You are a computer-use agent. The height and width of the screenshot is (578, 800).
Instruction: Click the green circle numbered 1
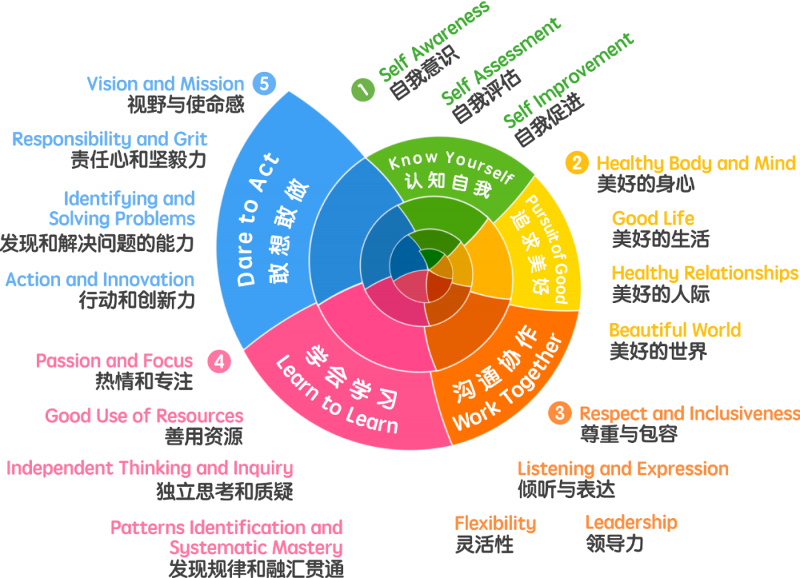[363, 90]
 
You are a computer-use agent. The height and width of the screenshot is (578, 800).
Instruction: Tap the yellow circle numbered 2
[578, 163]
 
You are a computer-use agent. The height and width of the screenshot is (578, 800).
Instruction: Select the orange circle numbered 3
[560, 413]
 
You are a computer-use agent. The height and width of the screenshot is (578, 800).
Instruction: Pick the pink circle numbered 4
[219, 362]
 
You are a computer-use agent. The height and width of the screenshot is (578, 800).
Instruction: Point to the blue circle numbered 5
[264, 83]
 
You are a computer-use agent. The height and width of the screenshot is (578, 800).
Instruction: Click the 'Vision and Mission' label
[165, 84]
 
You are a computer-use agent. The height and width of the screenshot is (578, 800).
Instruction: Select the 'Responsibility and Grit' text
[110, 139]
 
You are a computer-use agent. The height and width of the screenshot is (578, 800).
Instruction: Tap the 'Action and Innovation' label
[100, 280]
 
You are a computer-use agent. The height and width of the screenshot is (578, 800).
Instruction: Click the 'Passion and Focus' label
[114, 362]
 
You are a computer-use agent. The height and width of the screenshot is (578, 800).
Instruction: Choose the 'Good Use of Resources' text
[144, 416]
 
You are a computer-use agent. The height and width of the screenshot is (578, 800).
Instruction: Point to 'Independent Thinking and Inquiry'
[150, 468]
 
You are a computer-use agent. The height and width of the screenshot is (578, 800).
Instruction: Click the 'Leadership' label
[631, 522]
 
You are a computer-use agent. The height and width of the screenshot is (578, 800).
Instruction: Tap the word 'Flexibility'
[495, 523]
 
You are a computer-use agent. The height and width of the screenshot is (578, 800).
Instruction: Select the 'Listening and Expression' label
[623, 469]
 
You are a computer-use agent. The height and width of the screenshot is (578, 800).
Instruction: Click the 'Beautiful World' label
[675, 330]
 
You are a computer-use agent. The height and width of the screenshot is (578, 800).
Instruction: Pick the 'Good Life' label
[653, 219]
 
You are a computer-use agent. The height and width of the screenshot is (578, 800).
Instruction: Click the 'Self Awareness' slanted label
[433, 42]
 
